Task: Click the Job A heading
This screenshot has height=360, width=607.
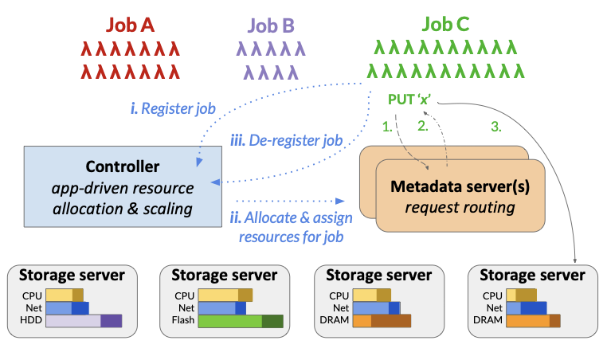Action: (x=131, y=25)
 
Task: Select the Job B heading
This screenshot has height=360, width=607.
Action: (x=271, y=25)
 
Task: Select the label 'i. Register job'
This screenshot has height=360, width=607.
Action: (x=173, y=108)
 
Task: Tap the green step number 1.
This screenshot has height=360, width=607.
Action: (x=388, y=127)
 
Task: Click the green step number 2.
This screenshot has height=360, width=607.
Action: (x=423, y=127)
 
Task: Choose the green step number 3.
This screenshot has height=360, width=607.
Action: (x=495, y=126)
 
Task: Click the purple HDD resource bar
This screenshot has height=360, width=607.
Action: (x=84, y=321)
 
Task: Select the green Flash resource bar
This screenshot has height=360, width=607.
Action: (x=241, y=321)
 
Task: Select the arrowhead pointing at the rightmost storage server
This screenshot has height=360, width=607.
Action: (x=574, y=258)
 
